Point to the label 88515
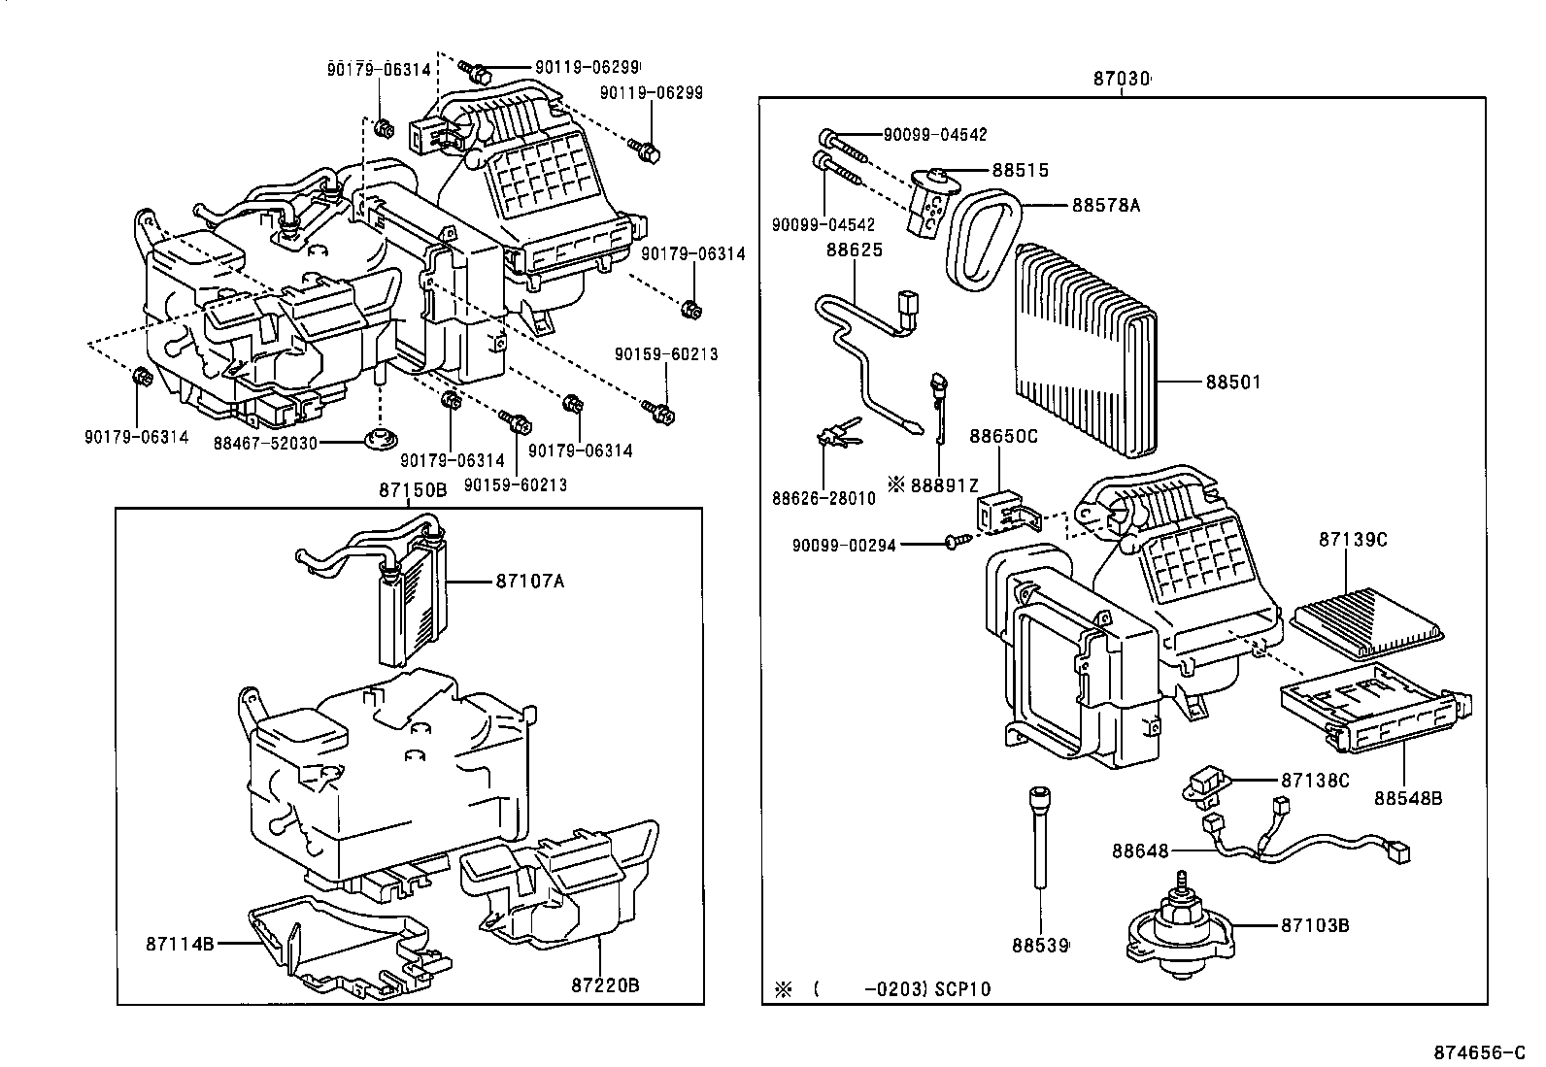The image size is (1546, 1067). tap(1020, 170)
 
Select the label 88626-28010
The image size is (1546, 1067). tap(823, 498)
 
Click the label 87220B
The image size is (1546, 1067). tap(604, 984)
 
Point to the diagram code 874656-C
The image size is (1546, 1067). tap(1485, 1051)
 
